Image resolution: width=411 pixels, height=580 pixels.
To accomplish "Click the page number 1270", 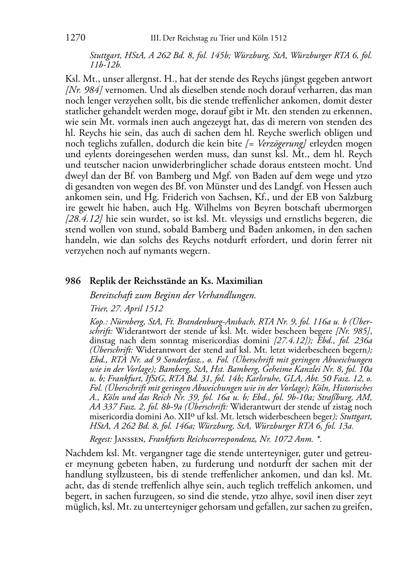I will click(75, 38).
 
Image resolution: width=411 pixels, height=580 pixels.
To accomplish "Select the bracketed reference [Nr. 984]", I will click(79, 90).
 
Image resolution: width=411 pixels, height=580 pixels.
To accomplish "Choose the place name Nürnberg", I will click(125, 321).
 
